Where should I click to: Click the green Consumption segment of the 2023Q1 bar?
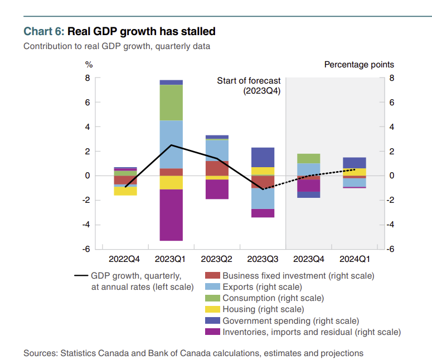click(x=172, y=103)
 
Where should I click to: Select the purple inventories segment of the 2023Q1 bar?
click(x=172, y=215)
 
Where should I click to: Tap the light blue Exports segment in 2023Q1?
click(x=172, y=144)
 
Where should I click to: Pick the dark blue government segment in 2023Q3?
click(x=263, y=157)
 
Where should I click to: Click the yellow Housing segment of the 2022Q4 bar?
click(x=125, y=191)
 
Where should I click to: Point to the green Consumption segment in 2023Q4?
click(x=308, y=158)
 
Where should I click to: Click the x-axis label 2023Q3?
click(x=263, y=259)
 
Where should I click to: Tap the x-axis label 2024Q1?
click(x=354, y=259)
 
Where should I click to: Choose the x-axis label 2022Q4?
click(x=124, y=259)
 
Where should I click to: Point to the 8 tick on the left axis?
click(x=88, y=78)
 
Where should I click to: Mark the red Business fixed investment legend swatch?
click(x=212, y=275)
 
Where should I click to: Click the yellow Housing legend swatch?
click(x=212, y=309)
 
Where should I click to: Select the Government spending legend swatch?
click(x=212, y=320)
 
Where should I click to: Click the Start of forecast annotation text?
click(x=249, y=81)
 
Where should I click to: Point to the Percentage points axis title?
click(x=359, y=65)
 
